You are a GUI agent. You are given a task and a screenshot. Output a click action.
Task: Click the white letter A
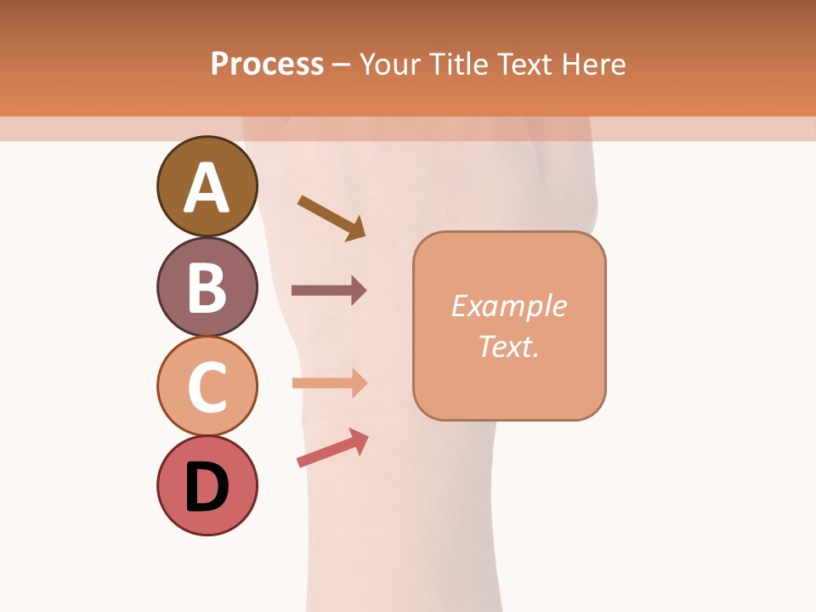pyautogui.click(x=207, y=188)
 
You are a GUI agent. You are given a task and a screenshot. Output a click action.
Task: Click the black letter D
pyautogui.click(x=207, y=487)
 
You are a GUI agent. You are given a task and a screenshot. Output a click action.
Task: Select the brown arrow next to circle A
pyautogui.click(x=327, y=216)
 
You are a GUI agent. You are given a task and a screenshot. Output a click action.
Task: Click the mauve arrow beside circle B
pyautogui.click(x=328, y=291)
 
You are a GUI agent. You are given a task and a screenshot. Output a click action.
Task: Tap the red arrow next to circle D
pyautogui.click(x=331, y=448)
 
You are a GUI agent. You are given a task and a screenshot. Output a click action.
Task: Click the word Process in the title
pyautogui.click(x=267, y=64)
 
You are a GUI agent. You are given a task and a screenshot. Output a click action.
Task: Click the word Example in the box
pyautogui.click(x=508, y=306)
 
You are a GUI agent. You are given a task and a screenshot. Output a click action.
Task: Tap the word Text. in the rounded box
pyautogui.click(x=508, y=346)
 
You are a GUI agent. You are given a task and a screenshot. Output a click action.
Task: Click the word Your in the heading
pyautogui.click(x=388, y=64)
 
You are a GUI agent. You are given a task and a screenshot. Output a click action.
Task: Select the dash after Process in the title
pyautogui.click(x=342, y=65)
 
